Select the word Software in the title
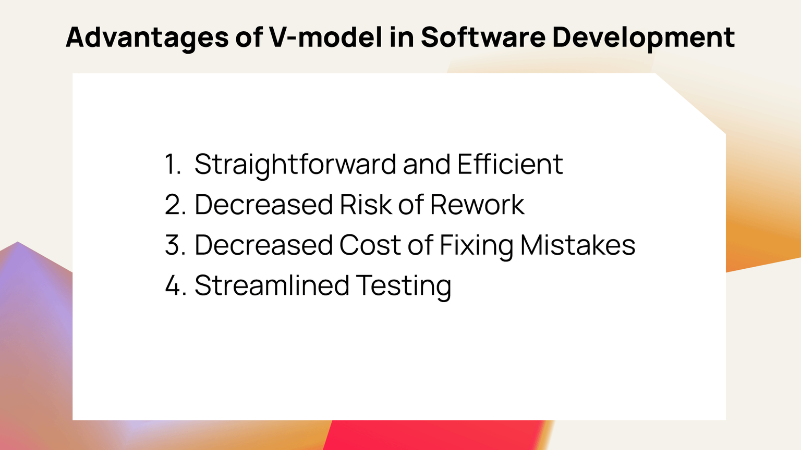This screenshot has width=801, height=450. [x=483, y=37]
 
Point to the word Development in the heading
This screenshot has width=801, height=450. [x=644, y=37]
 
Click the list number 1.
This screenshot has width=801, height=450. [x=172, y=165]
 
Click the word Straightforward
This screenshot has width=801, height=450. [x=295, y=165]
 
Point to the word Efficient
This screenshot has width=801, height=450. [x=510, y=165]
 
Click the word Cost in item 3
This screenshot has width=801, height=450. [x=370, y=245]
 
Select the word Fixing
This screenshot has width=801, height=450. [x=476, y=245]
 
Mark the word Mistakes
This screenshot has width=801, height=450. [x=577, y=245]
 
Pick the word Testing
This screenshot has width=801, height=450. [x=404, y=286]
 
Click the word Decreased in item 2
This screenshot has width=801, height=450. [x=263, y=205]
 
